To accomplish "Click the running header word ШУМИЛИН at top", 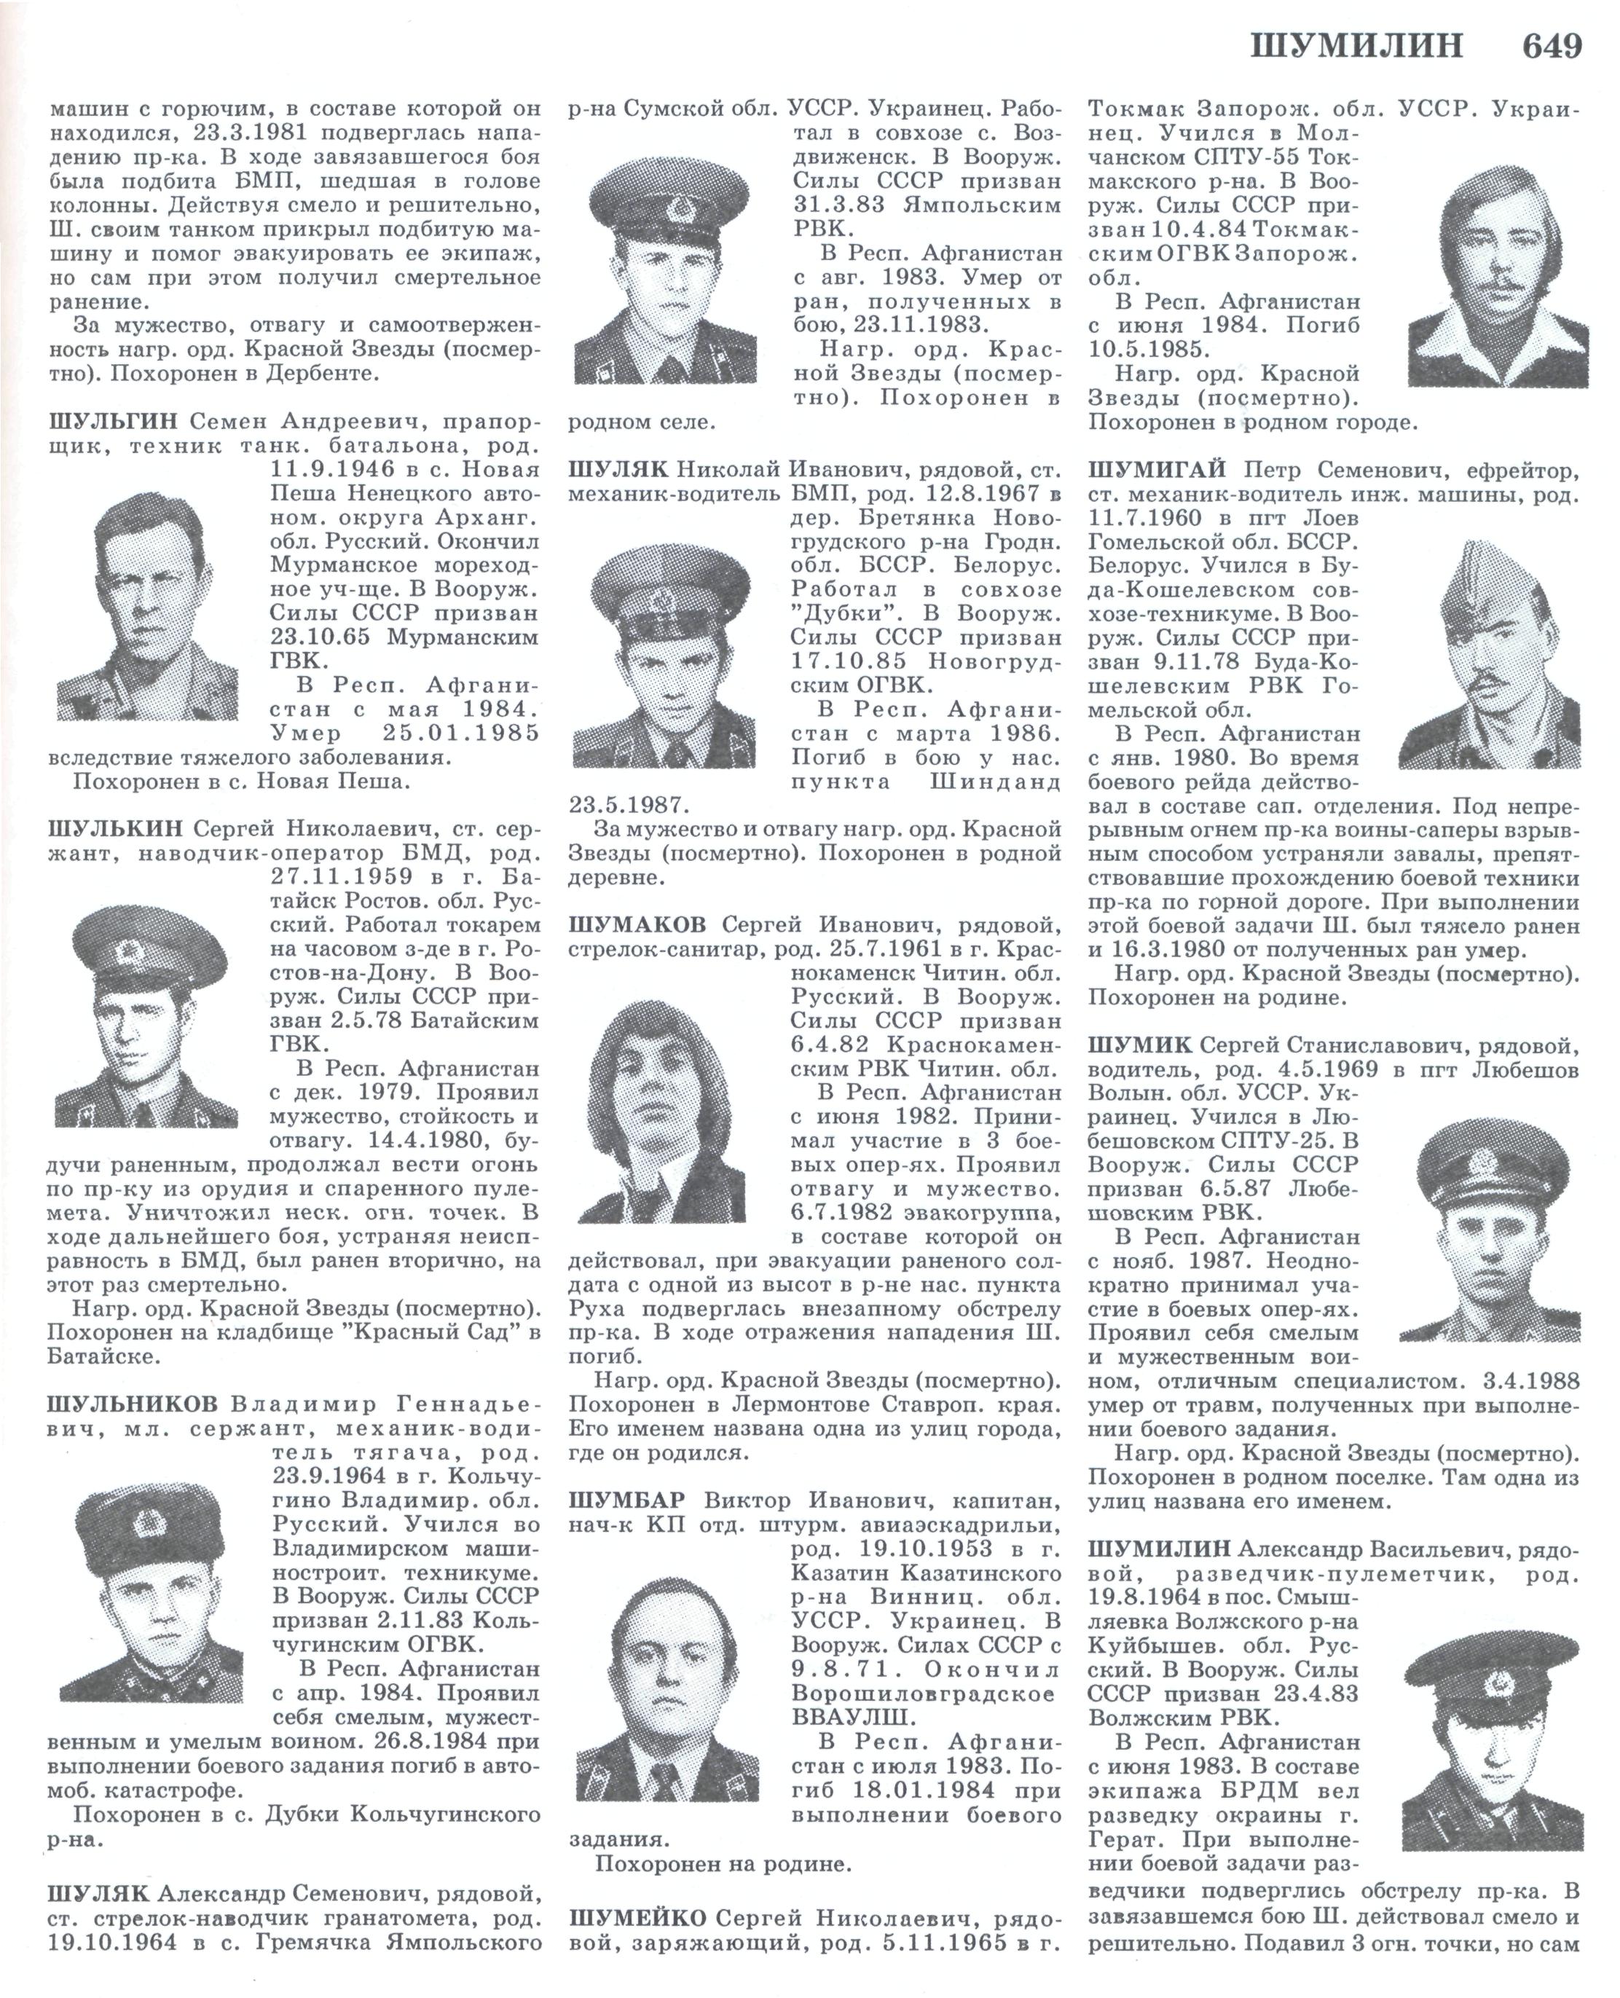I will (x=1358, y=46).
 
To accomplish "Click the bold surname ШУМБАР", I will (x=627, y=1501).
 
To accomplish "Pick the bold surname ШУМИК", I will (x=1139, y=1045).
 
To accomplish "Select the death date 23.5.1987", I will (x=626, y=804).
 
